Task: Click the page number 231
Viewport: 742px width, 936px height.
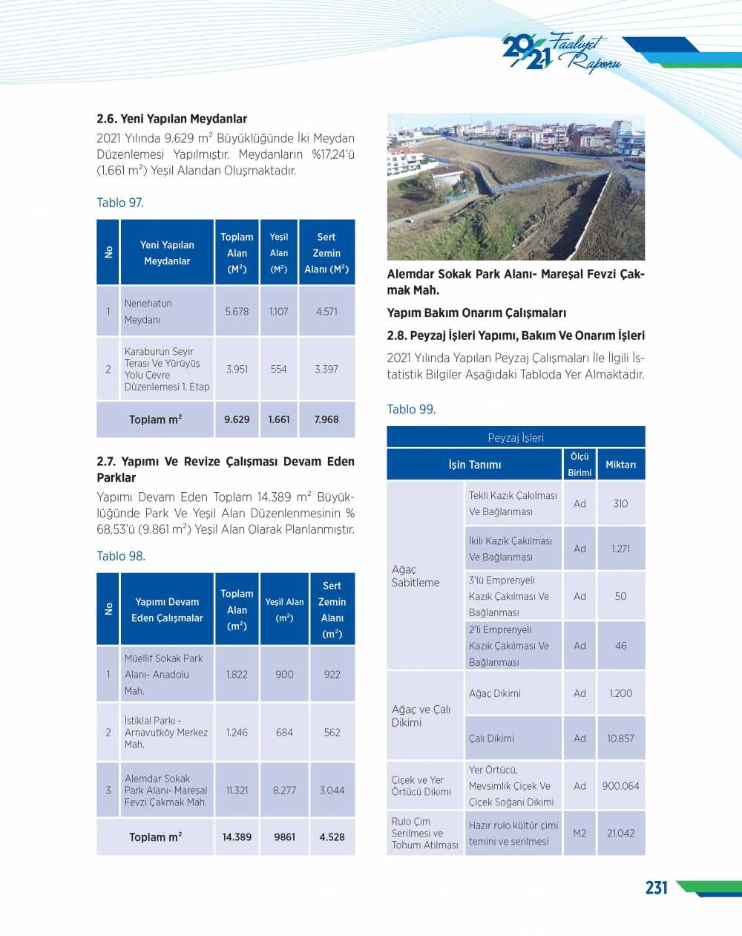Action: coord(657,888)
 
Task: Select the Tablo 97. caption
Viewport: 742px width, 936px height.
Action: coord(120,203)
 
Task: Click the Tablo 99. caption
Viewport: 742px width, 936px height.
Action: coord(411,409)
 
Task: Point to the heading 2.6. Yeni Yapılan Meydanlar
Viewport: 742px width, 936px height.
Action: coord(171,119)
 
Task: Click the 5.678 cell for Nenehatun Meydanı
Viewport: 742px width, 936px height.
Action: coord(237,312)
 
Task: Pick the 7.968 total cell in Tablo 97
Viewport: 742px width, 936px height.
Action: coord(326,419)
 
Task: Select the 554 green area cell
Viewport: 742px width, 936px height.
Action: coord(279,369)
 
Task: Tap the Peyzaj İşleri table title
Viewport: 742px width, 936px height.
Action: coord(516,437)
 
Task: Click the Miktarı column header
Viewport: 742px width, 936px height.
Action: coord(620,465)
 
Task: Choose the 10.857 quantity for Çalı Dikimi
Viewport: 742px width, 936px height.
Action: coord(620,739)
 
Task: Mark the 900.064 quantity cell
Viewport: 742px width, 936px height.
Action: coord(620,786)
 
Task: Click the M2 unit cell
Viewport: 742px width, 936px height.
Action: coord(580,834)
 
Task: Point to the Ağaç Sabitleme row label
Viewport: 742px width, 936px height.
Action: coord(416,576)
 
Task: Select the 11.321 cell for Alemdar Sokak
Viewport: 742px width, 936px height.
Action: coord(237,791)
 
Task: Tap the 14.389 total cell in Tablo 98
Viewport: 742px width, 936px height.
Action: coord(237,837)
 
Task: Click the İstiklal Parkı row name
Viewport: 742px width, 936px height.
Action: coord(166,733)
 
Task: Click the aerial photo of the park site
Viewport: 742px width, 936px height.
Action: coord(516,187)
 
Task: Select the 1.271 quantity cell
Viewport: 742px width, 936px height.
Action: coord(620,549)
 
